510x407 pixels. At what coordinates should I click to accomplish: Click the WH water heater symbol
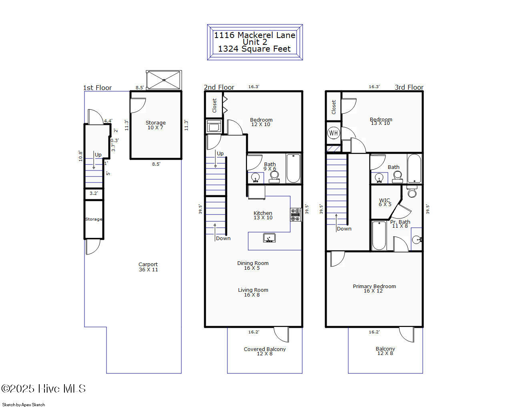(333, 133)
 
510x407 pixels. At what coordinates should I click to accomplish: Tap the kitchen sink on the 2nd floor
(269, 238)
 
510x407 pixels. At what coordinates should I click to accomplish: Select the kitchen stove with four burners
(296, 215)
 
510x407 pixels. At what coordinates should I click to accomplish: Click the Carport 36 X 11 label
(148, 267)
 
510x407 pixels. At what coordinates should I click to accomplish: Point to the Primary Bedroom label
(374, 288)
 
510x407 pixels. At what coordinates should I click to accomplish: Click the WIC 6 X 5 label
(385, 202)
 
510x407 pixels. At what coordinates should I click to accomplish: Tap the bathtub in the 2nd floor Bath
(293, 168)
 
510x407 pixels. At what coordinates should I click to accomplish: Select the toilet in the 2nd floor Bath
(274, 176)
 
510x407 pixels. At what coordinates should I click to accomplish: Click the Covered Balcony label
(265, 351)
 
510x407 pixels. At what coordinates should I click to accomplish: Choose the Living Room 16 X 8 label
(253, 292)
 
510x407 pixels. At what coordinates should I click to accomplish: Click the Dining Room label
(253, 265)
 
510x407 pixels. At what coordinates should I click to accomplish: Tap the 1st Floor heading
(97, 88)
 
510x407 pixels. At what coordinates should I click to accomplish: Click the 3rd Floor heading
(409, 87)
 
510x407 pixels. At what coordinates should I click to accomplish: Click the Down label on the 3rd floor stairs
(344, 229)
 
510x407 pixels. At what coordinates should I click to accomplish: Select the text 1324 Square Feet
(254, 49)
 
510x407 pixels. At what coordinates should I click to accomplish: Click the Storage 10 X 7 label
(155, 125)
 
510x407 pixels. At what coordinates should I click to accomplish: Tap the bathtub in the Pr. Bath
(378, 235)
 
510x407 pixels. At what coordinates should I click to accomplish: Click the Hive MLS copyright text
(44, 389)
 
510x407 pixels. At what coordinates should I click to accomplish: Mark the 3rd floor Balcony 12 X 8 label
(386, 351)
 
